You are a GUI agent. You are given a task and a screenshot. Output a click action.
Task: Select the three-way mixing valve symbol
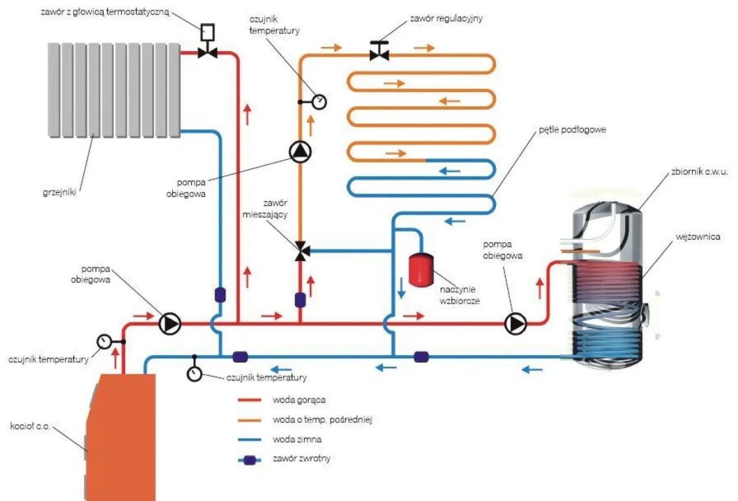pos(300,251)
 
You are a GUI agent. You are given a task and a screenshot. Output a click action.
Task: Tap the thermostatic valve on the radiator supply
pos(206,52)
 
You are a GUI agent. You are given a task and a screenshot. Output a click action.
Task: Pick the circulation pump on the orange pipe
pos(300,152)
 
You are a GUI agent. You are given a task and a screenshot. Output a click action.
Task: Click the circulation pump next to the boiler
pos(170,324)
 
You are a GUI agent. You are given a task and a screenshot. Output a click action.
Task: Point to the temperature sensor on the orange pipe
pos(319,102)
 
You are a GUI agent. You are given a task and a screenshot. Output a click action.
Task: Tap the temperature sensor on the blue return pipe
pos(194,374)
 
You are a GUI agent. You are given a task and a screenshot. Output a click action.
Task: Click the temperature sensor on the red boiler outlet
pos(104,341)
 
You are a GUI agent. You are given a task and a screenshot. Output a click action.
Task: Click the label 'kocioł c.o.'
pos(30,427)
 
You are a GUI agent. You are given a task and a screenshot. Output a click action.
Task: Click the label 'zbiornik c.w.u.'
pos(699,172)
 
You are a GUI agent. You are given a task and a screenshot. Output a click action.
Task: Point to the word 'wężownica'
pos(699,236)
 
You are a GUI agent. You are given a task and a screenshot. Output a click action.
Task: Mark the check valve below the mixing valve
pos(300,300)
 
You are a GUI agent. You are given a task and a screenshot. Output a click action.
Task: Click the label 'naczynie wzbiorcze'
pos(459,295)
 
